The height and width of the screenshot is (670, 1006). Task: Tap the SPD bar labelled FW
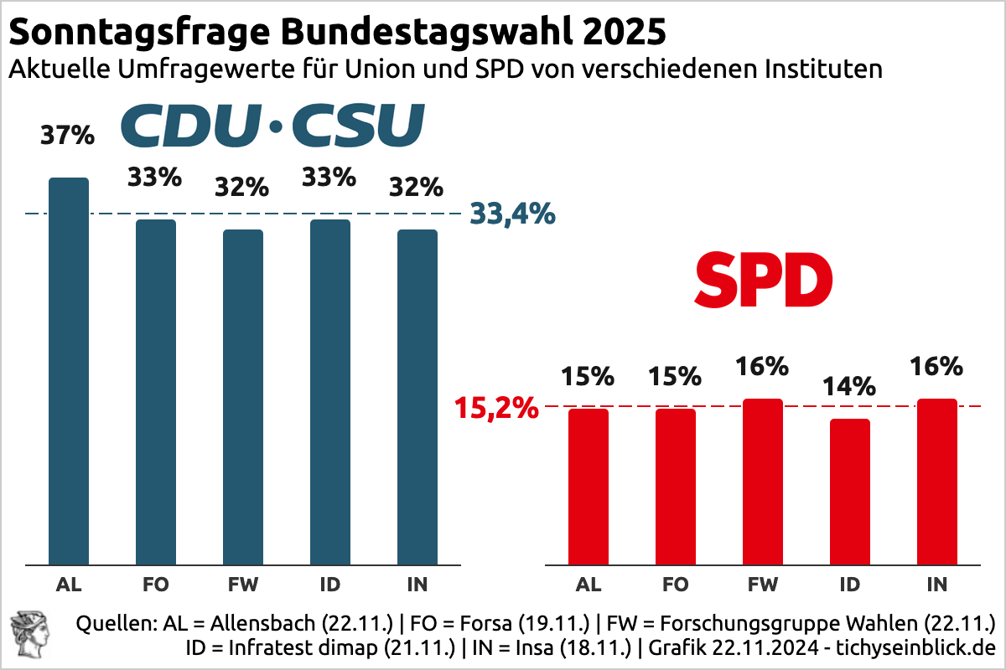coord(763,482)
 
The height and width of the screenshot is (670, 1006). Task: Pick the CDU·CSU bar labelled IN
coord(417,397)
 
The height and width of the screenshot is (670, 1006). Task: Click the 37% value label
coord(68,135)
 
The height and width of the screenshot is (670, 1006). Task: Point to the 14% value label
coord(849,387)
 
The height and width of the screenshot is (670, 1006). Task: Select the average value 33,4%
coord(512,214)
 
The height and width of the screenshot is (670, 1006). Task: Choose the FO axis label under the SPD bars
coord(676,585)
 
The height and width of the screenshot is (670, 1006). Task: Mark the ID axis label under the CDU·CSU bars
coord(330,585)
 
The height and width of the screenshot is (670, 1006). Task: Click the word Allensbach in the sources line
coord(251,624)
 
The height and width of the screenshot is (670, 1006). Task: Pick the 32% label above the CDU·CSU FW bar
coord(242,188)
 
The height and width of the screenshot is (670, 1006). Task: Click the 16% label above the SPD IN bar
coord(936,367)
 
